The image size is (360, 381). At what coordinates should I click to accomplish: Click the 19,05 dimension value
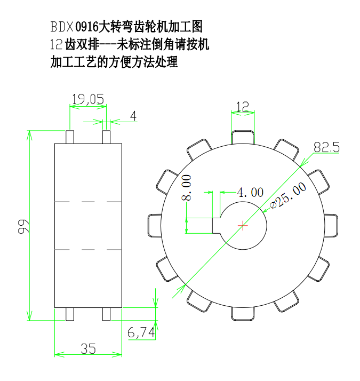(x=87, y=98)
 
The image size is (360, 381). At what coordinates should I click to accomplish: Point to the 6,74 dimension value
(x=141, y=332)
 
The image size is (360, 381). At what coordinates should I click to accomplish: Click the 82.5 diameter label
(x=326, y=148)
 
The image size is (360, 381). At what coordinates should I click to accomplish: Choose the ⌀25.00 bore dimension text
(x=288, y=196)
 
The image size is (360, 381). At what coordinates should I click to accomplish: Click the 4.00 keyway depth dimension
(x=250, y=192)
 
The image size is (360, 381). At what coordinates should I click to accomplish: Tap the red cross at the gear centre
(x=243, y=226)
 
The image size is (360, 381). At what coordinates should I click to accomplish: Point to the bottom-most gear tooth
(x=243, y=314)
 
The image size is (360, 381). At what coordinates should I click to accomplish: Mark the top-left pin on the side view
(x=69, y=137)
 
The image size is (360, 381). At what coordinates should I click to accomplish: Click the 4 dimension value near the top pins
(x=133, y=115)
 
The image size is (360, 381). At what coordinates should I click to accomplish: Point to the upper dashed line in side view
(x=89, y=202)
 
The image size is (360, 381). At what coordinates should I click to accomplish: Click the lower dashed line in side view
(x=89, y=249)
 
